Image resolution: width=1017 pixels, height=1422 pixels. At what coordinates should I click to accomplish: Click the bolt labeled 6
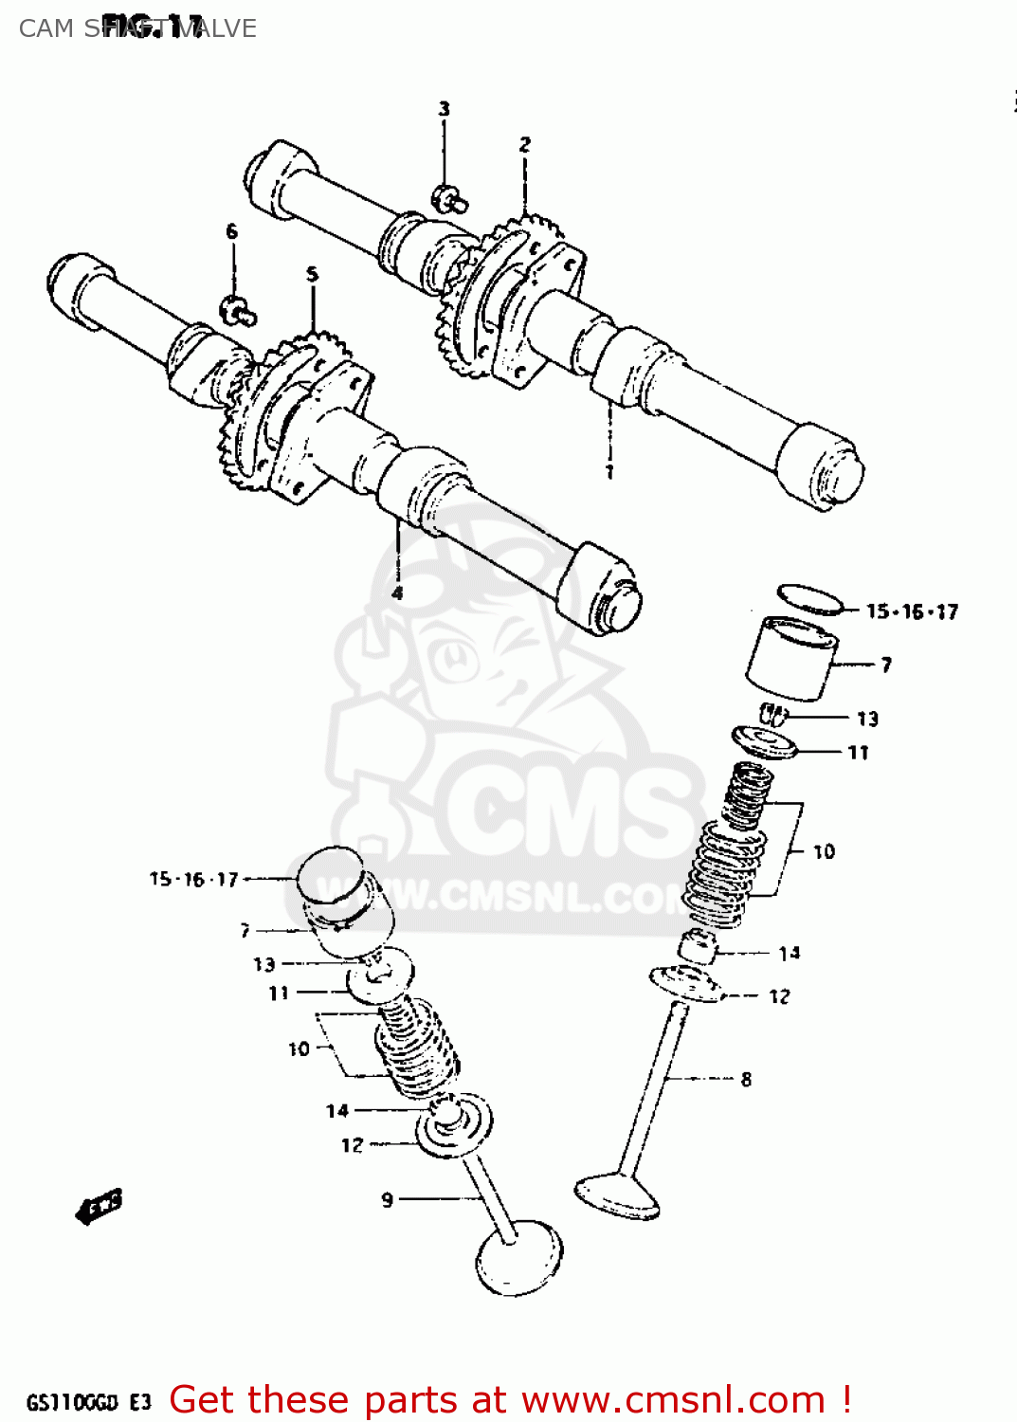pos(237,309)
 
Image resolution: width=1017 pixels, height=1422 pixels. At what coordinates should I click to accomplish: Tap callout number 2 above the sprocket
pos(525,144)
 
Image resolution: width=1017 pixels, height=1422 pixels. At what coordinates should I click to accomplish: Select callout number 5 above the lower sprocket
pos(313,275)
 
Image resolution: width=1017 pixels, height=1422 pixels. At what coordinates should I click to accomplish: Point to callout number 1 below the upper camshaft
pos(609,471)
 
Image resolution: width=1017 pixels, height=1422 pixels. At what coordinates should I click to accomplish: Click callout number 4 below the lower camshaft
pos(397,593)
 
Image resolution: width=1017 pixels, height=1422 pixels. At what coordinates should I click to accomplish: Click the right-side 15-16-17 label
pos(912,611)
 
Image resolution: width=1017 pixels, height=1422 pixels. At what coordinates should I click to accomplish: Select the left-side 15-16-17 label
pos(194,879)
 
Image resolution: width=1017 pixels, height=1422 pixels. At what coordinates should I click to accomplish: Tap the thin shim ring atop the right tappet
pos(810,599)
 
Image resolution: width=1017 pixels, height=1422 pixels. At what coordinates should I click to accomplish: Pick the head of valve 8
pos(617,1196)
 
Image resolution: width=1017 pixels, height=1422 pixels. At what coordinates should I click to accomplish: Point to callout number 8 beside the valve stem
pos(746,1079)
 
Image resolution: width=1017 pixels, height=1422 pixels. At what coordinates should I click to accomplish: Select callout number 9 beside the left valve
pos(387,1200)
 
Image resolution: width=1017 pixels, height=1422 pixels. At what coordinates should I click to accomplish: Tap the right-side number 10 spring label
pos(824,851)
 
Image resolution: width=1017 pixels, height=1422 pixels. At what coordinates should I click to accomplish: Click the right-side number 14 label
pos(790,953)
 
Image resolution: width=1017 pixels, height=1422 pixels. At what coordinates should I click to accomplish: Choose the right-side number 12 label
pos(779,996)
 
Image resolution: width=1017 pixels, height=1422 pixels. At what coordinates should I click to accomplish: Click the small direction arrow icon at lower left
pos(100,1207)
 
